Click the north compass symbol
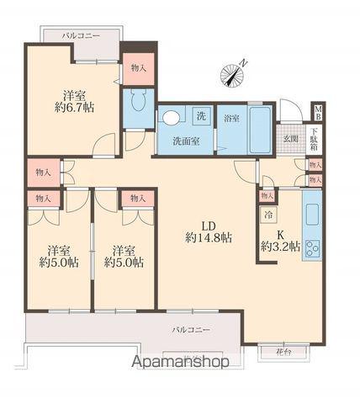point(233,74)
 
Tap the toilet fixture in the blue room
point(138,100)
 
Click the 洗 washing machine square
point(201,116)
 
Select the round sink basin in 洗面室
point(171,118)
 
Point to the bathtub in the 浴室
point(260,130)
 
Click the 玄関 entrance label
point(290,139)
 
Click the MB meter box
point(318,113)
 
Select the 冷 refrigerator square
point(268,215)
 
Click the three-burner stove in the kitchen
point(312,248)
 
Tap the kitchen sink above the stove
point(312,215)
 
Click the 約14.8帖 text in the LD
point(209,238)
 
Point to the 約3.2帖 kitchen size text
point(281,247)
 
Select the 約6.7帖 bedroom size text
point(74,108)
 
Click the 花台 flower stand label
point(283,353)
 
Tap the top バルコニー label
point(81,36)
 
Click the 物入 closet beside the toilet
point(139,68)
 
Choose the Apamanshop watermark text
point(180,362)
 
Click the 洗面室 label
point(186,141)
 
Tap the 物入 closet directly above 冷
point(267,196)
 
